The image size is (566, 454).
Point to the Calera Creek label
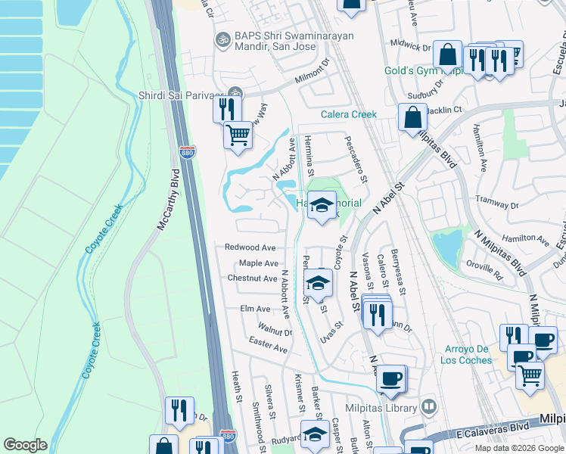348,114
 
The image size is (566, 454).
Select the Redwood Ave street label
250,247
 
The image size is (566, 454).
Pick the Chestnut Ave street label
253,278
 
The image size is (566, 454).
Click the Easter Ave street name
269,345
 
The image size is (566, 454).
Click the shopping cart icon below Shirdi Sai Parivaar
238,136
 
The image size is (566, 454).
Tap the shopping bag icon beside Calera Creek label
412,118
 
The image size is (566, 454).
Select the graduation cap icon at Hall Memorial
322,205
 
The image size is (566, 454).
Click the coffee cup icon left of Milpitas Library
390,378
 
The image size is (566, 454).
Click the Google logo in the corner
25,445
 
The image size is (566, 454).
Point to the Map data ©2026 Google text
518,448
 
